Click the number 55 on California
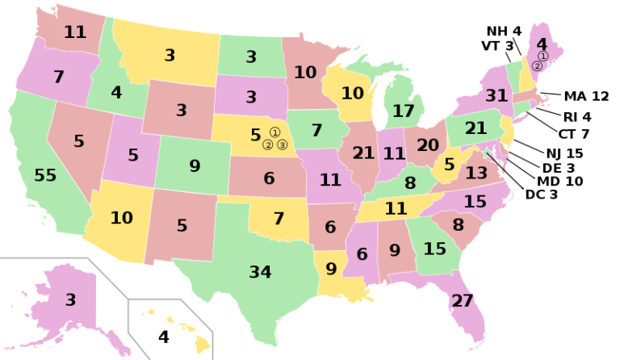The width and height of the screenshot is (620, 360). click(45, 175)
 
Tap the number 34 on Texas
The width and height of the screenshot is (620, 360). click(260, 272)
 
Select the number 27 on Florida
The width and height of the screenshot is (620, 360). click(463, 301)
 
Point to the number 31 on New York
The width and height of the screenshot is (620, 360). click(496, 95)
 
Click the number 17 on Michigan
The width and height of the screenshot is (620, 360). click(404, 111)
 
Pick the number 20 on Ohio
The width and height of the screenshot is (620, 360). click(427, 145)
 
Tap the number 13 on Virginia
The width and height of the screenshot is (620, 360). click(476, 173)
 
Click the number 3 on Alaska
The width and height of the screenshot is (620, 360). click(70, 299)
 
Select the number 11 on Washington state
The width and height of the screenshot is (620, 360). click(75, 32)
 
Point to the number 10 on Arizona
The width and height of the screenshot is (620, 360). click(121, 218)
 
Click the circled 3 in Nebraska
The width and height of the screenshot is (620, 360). click(282, 145)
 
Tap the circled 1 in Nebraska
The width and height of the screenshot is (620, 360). click(274, 132)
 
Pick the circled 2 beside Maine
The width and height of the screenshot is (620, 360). click(537, 66)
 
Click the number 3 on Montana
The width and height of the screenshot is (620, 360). click(170, 56)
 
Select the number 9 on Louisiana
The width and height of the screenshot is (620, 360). click(331, 269)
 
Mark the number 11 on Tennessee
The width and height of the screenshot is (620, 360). click(396, 208)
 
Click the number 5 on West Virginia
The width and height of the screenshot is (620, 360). click(450, 164)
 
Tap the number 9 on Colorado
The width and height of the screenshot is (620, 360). click(195, 166)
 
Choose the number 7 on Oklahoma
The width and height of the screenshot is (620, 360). click(279, 218)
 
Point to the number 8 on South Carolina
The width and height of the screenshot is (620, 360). click(458, 224)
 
